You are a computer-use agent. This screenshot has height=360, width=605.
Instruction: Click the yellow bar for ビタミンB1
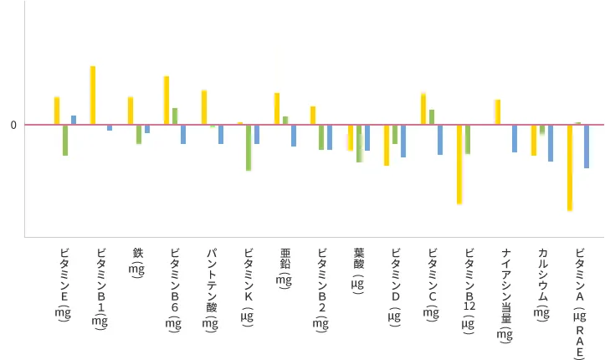(x=93, y=95)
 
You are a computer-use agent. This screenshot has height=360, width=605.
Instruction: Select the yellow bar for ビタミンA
(x=569, y=167)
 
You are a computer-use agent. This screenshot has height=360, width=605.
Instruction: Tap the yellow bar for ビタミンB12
(x=459, y=164)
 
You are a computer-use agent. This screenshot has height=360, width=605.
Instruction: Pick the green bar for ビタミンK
(x=249, y=147)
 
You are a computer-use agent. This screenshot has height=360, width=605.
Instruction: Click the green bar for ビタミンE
(x=65, y=141)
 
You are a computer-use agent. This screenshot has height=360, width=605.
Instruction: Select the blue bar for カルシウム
(x=551, y=143)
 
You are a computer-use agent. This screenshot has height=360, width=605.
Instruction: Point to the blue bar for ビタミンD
(x=403, y=141)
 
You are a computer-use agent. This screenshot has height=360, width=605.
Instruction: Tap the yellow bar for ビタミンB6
(x=167, y=100)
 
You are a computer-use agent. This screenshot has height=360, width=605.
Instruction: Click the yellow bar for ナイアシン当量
(x=497, y=112)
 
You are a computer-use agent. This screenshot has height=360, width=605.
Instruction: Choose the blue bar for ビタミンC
(x=440, y=140)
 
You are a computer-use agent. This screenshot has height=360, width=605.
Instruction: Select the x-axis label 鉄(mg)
(x=137, y=262)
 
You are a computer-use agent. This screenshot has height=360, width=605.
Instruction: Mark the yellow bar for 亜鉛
(x=277, y=109)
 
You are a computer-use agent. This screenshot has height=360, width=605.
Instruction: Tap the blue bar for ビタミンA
(x=587, y=147)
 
